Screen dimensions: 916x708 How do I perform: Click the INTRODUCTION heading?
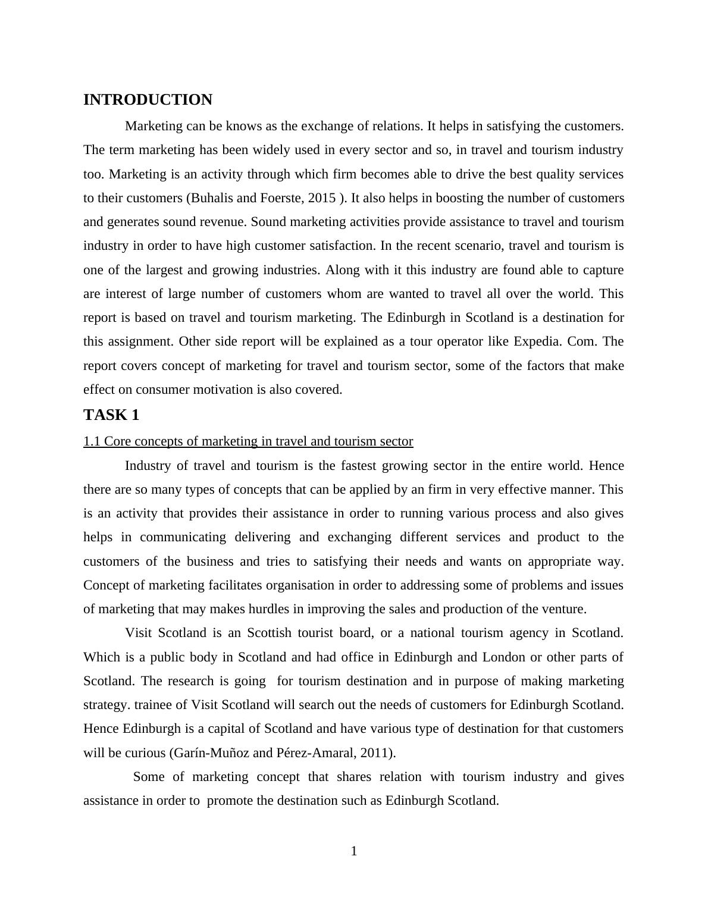click(148, 100)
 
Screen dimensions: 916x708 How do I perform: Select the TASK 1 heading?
click(111, 415)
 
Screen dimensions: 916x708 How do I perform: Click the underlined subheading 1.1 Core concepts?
click(248, 441)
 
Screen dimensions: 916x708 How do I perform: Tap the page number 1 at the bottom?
click(354, 852)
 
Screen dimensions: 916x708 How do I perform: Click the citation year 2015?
click(322, 198)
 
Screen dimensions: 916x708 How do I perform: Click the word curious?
click(146, 753)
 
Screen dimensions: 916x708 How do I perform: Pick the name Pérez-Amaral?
click(315, 753)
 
